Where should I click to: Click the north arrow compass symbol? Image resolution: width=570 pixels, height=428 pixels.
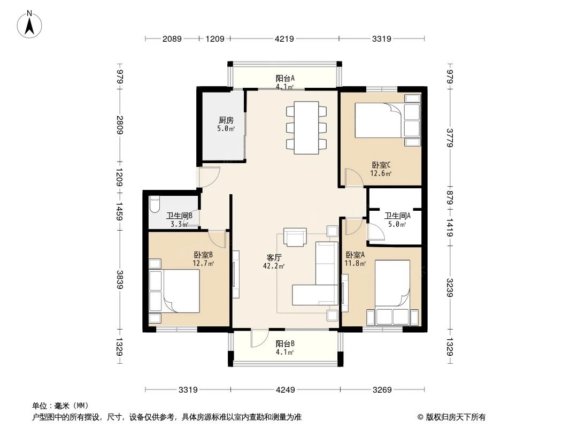(29, 25)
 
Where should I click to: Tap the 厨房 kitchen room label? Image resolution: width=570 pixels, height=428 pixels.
(226, 120)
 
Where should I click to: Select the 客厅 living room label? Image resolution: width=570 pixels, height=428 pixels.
(274, 257)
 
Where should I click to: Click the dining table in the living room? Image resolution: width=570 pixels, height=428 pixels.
(306, 128)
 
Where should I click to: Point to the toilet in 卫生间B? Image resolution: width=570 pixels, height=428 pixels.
(154, 204)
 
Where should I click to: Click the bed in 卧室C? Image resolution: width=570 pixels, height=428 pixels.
(379, 120)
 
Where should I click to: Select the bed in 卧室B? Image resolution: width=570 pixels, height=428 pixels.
(181, 291)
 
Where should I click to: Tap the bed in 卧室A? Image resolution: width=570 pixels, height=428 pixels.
(392, 283)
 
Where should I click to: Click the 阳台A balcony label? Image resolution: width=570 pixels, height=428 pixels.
(284, 78)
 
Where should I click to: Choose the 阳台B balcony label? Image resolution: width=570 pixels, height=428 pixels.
(284, 343)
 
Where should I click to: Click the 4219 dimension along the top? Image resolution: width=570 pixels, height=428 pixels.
(284, 39)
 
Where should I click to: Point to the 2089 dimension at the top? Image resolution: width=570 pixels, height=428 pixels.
(172, 39)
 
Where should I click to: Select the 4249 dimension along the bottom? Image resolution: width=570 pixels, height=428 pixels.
(286, 390)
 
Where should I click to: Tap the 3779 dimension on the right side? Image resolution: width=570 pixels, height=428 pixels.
(450, 138)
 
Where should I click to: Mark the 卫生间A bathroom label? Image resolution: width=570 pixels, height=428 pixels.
(397, 216)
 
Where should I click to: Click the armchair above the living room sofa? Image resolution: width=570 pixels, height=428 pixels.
(295, 238)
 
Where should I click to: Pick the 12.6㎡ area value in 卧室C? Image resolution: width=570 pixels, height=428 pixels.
(381, 173)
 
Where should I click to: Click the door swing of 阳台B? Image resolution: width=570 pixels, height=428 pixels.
(259, 338)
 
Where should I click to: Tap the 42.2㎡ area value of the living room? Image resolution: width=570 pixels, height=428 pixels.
(274, 266)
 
